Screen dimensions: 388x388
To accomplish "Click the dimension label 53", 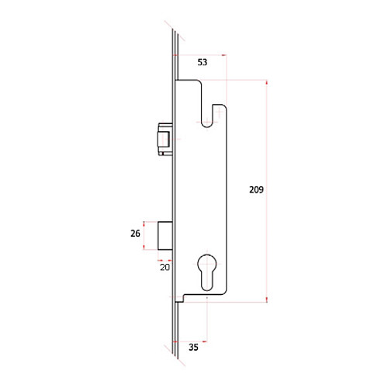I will [x=201, y=62].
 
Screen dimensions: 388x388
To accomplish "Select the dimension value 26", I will [x=135, y=233].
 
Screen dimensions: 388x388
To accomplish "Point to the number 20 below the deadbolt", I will [x=165, y=267].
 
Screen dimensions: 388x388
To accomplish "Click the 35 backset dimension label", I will [x=193, y=348].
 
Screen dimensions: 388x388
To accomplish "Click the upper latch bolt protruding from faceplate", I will [x=164, y=137].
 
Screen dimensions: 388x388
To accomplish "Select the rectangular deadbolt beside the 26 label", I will [x=165, y=235].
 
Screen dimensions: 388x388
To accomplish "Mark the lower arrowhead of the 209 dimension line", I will [x=268, y=299].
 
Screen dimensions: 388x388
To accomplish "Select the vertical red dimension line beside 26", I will [x=145, y=235].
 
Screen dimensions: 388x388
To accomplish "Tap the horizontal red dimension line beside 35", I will [x=192, y=340].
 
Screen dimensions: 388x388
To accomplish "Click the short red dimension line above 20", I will [x=165, y=258].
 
